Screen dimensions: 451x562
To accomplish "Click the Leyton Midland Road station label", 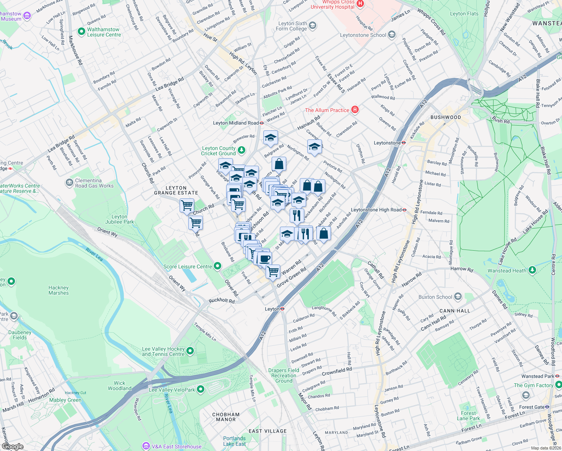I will coord(236,123).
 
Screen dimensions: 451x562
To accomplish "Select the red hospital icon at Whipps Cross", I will coord(360,4).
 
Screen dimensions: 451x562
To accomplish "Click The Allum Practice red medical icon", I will coord(355,110).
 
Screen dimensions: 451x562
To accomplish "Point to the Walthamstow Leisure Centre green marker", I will coord(81,32).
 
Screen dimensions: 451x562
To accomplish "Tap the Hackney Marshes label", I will coord(59,290).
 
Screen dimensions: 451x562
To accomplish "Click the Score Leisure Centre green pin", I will coord(217,266).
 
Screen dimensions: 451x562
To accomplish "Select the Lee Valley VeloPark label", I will coord(172,390).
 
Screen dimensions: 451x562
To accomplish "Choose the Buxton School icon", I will coord(458,297).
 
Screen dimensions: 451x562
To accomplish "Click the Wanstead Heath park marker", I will coord(532,270).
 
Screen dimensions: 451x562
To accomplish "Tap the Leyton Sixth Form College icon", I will coord(312,26).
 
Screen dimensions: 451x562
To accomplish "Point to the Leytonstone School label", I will coord(363,35).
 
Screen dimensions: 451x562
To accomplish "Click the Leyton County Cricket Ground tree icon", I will coord(242,150).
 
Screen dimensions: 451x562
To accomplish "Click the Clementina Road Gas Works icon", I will coord(69,183).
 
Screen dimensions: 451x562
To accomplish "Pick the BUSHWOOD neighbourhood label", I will coord(446,117).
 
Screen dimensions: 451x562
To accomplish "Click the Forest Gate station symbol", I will coord(547,407).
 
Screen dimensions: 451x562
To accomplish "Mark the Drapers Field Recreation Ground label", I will coord(284,375).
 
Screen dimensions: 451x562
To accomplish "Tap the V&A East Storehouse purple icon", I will coord(146,446).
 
